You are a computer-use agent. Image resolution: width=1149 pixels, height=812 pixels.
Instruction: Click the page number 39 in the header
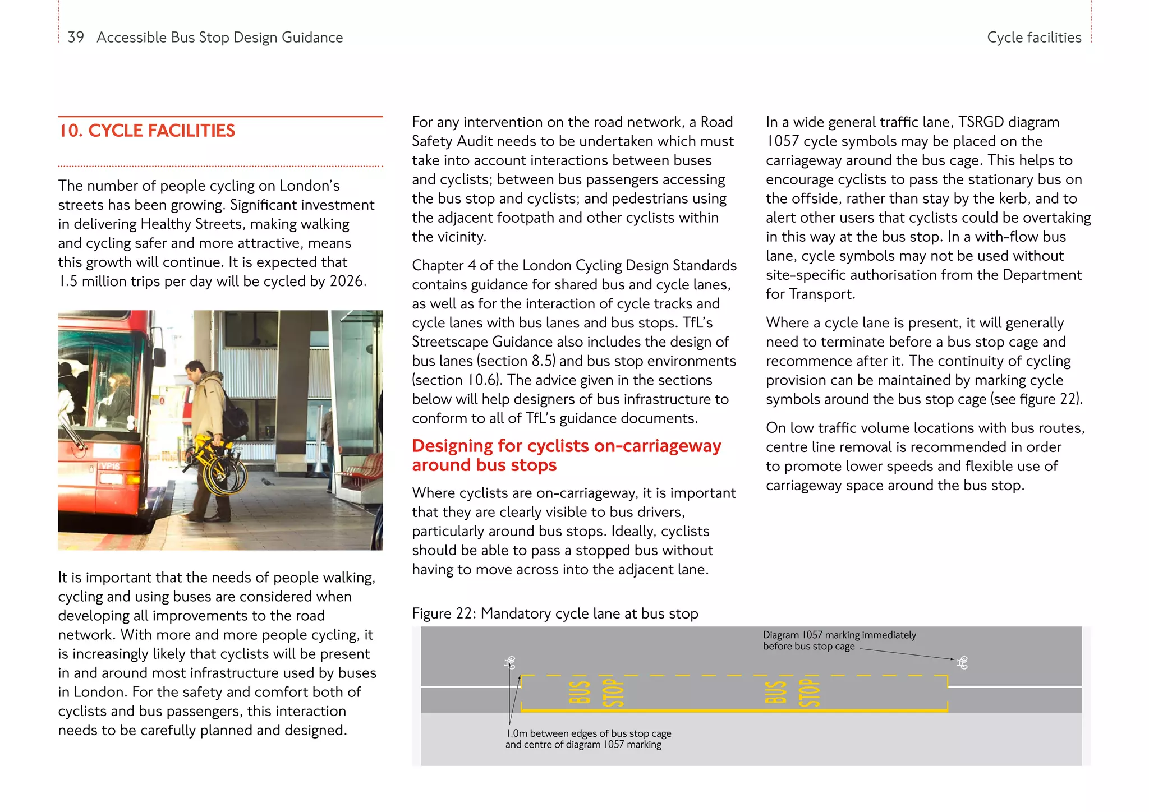click(x=76, y=38)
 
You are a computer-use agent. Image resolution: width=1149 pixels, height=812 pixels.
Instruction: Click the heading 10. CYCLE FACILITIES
click(x=147, y=131)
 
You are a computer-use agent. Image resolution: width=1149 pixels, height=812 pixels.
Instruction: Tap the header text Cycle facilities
click(x=1033, y=38)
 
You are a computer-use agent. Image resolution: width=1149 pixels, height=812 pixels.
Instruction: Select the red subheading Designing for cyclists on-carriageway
click(x=566, y=446)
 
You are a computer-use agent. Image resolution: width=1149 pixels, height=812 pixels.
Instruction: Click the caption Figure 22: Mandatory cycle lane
click(x=554, y=613)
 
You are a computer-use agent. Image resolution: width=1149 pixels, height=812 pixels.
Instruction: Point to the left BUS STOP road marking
click(x=596, y=693)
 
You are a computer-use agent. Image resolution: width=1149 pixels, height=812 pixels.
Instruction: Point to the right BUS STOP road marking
click(x=792, y=693)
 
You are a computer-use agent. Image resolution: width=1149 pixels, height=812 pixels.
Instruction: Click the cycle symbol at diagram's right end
click(x=962, y=663)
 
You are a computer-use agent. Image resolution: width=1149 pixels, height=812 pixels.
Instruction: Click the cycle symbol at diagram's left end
click(x=509, y=663)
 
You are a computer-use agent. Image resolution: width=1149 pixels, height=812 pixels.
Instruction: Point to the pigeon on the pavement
click(x=268, y=482)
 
